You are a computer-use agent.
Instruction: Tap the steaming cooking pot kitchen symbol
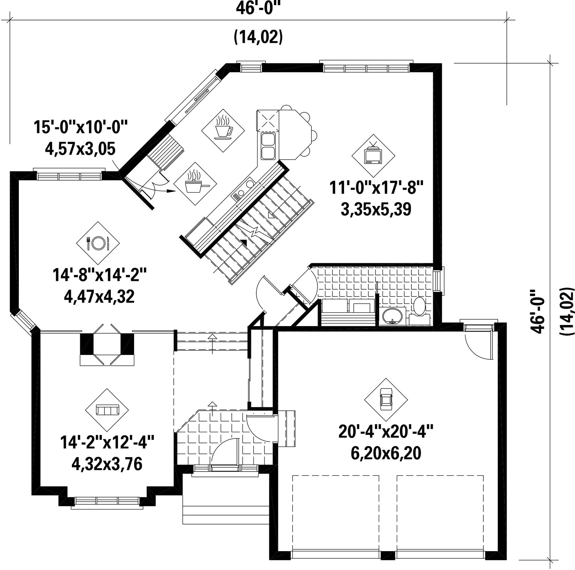tap(195, 184)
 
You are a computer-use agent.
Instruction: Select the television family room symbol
tap(373, 156)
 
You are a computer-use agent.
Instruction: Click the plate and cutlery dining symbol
tap(98, 243)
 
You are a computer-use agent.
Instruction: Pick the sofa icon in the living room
tap(107, 410)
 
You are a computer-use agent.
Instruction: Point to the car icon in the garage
tap(386, 400)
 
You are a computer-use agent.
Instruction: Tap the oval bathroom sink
tap(392, 316)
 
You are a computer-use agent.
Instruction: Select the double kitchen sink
tap(268, 146)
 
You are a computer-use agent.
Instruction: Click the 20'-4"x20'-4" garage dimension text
tap(386, 432)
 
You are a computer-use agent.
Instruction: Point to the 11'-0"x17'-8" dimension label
tap(376, 188)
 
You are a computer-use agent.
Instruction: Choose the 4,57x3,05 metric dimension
tap(80, 149)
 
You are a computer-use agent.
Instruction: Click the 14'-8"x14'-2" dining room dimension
tap(100, 275)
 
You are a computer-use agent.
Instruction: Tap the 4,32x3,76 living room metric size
tap(107, 464)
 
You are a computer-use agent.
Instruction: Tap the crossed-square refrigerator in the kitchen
tap(268, 121)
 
